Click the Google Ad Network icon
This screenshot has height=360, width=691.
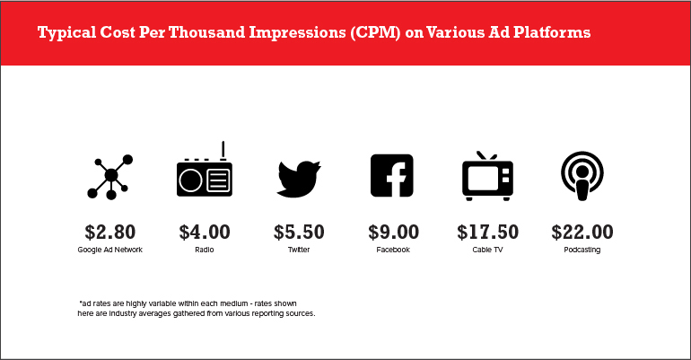[111, 176]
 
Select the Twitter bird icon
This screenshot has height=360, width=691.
[299, 179]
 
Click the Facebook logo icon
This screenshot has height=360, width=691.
[392, 175]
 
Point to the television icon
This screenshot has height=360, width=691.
[487, 176]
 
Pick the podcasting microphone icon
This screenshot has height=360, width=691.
[582, 176]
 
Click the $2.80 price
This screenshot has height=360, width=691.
[110, 233]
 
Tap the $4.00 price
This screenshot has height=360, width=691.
[205, 233]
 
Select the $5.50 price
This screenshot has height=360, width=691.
[299, 233]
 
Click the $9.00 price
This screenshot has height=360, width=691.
[394, 233]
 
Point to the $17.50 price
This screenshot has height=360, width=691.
[488, 233]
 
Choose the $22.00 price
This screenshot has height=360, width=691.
[582, 233]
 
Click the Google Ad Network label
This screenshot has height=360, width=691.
[110, 250]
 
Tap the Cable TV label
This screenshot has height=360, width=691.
[487, 250]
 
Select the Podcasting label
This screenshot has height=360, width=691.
[582, 250]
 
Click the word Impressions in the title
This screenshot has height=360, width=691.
[297, 32]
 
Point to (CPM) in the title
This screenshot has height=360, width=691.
[375, 32]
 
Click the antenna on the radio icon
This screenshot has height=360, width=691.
[223, 151]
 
